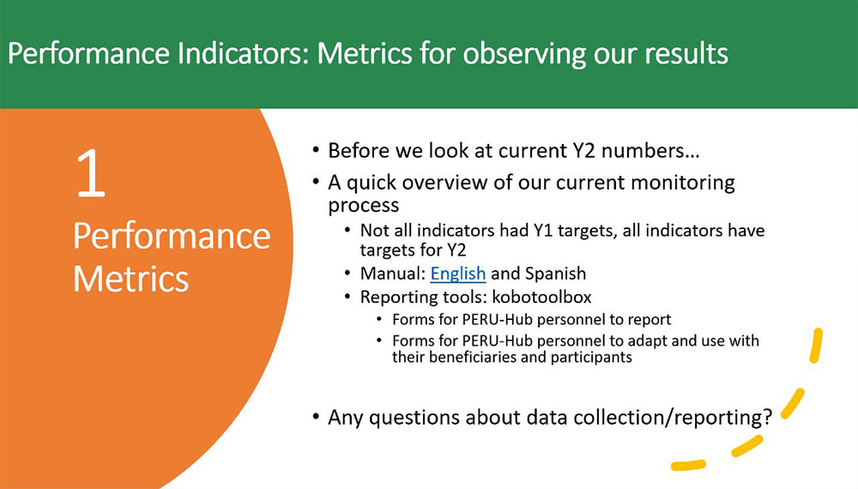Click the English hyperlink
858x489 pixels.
point(458,274)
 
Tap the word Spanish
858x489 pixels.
point(555,274)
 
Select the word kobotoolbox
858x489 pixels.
point(541,297)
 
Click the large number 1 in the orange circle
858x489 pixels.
point(91,173)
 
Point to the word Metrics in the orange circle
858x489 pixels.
point(130,279)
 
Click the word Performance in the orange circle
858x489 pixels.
point(172,236)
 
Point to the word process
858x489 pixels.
point(363,206)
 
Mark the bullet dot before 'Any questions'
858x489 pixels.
point(316,417)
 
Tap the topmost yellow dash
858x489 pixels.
point(816,345)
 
